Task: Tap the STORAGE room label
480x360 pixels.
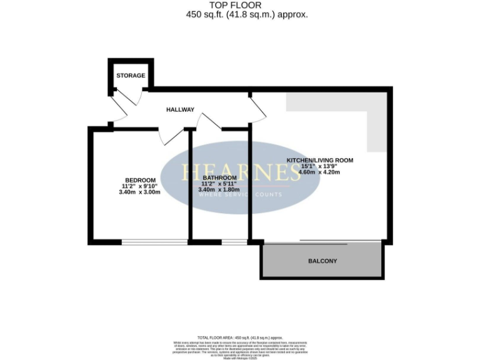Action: (131, 76)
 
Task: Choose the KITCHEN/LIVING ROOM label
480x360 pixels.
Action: (319, 161)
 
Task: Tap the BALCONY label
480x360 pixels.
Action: (322, 261)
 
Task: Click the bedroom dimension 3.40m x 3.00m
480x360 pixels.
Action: (139, 192)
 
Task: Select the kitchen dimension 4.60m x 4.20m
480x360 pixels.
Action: (319, 172)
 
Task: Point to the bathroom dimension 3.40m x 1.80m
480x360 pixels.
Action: (216, 189)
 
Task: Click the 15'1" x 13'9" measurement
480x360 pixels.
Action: (319, 166)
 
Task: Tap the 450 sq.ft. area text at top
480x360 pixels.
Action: (247, 15)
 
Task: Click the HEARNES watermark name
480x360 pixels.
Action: (241, 173)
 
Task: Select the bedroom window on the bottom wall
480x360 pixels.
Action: (154, 241)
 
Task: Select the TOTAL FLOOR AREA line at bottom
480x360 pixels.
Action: (241, 337)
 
